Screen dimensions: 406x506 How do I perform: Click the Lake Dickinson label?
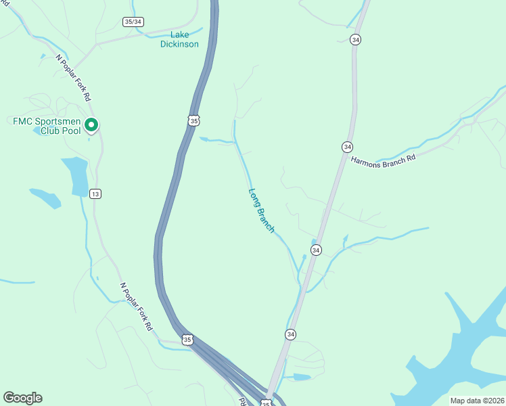tap(179, 39)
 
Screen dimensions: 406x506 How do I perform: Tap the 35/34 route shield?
tap(133, 22)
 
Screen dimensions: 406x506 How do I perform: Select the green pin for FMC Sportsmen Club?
tap(93, 125)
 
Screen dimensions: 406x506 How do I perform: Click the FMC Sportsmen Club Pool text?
tap(47, 126)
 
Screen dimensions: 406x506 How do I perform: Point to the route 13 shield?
tap(95, 194)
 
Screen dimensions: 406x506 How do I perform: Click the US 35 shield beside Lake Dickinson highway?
tap(194, 120)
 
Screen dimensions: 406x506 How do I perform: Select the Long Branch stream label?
tap(262, 210)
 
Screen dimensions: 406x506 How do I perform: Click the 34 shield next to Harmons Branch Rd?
tap(347, 147)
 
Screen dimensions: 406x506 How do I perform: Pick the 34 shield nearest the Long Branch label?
tap(316, 250)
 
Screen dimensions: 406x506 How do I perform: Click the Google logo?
tap(22, 398)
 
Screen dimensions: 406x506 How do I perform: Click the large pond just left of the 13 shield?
tap(76, 175)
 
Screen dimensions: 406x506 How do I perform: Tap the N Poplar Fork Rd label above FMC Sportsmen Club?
tap(74, 77)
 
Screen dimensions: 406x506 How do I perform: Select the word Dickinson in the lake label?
tap(179, 44)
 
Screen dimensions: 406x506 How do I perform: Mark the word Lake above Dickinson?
tap(180, 35)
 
